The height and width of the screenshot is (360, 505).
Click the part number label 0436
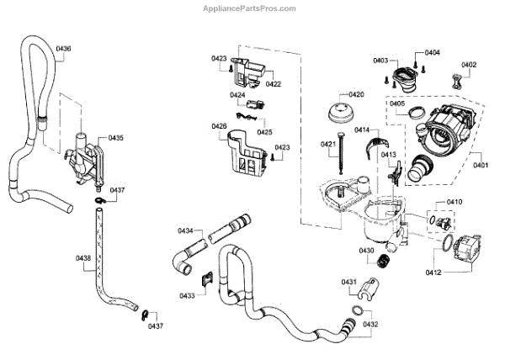[64, 49]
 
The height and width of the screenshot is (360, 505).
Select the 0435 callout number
[116, 137]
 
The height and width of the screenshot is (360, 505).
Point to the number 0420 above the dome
[356, 94]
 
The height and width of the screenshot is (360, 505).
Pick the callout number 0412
[434, 272]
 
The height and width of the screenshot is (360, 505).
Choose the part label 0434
[185, 230]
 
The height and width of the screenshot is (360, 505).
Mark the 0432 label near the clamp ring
[371, 324]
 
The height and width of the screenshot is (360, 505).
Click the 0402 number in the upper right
[469, 64]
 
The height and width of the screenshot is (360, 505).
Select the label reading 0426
[219, 126]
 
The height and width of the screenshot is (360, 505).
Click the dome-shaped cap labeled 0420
[341, 114]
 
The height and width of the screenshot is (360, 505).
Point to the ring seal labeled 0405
[416, 114]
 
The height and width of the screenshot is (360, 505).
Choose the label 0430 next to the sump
[367, 250]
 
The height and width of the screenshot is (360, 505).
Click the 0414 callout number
[362, 130]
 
